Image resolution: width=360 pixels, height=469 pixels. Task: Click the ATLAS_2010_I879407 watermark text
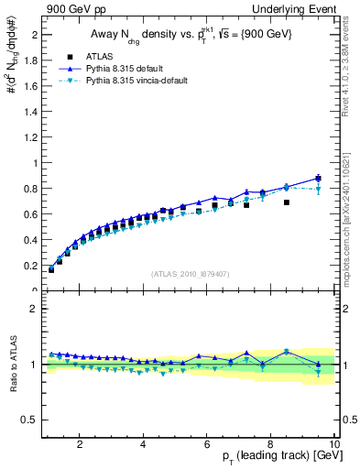[190, 275]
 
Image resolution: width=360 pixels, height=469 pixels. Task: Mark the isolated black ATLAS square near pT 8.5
[287, 202]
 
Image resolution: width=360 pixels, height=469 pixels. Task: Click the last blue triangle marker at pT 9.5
[318, 177]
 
